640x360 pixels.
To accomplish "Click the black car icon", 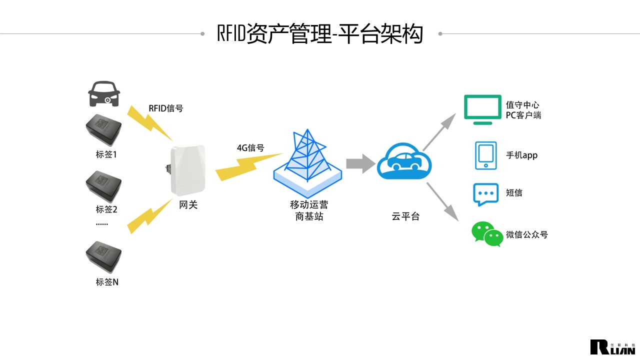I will (x=104, y=93).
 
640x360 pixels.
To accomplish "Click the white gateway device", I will (x=188, y=169).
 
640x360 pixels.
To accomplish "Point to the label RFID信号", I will (x=166, y=108).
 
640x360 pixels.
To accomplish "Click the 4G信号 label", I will (x=250, y=148).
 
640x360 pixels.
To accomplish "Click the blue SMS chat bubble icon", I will (x=485, y=194).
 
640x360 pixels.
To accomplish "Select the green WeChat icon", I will (x=486, y=234).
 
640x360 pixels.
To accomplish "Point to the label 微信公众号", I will (x=527, y=234).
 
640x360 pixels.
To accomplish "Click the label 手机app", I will (x=521, y=155).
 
